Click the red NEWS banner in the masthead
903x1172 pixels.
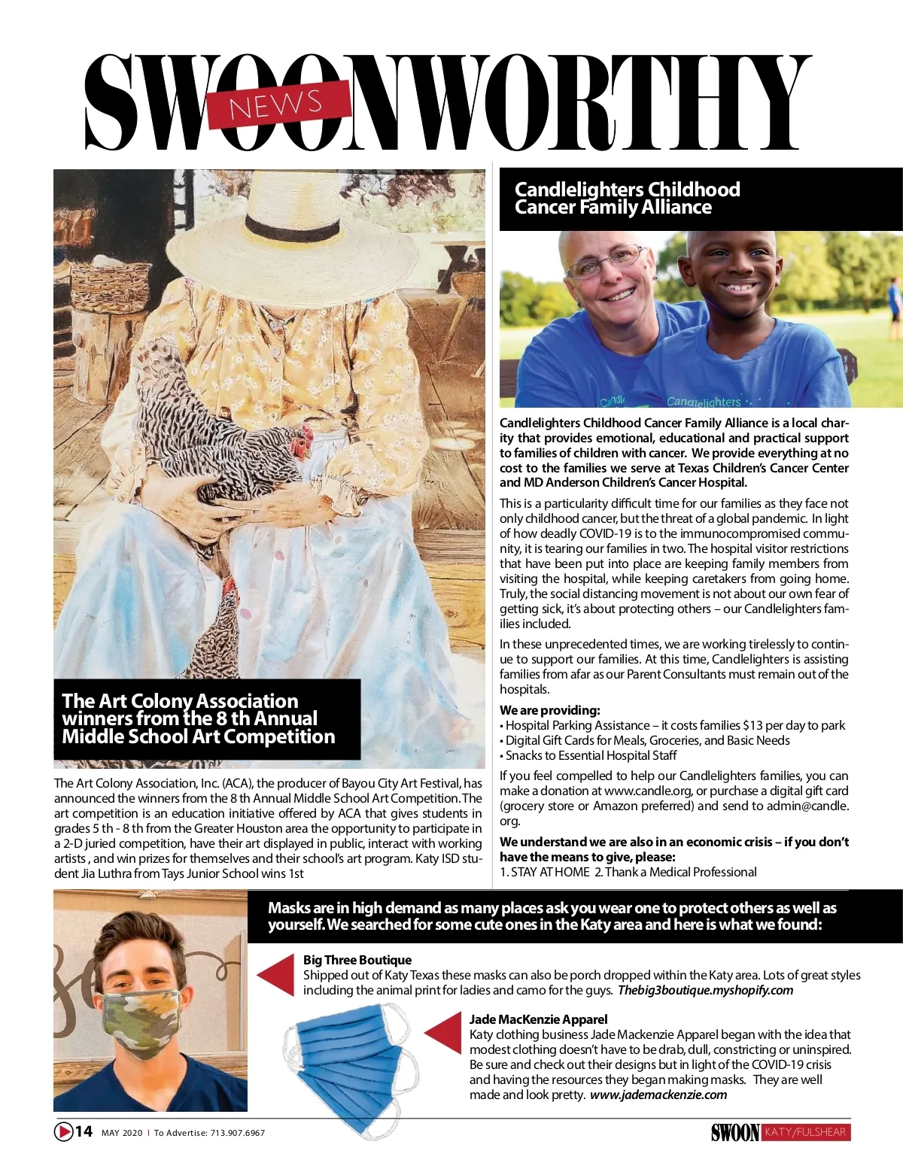tap(278, 105)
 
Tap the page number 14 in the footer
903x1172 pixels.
tap(84, 1131)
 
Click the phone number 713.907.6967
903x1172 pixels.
tap(238, 1133)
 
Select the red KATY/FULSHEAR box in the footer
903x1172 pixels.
tap(805, 1132)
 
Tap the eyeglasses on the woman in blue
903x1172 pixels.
tap(606, 263)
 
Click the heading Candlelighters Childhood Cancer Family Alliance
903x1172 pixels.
tap(627, 199)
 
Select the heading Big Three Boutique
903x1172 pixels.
tap(357, 960)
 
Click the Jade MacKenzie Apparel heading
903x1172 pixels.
tap(538, 1019)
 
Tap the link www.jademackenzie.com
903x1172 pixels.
tap(658, 1095)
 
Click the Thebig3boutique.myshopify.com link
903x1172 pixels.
tap(705, 990)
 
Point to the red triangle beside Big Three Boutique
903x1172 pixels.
tap(278, 974)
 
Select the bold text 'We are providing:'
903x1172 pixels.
tap(550, 710)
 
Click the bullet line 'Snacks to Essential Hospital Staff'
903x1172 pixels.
tap(591, 755)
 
